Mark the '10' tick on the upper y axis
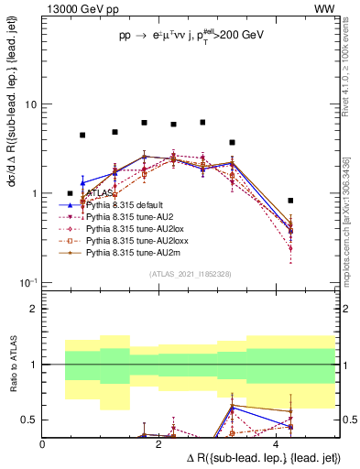(32, 104)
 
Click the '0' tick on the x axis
(43, 443)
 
